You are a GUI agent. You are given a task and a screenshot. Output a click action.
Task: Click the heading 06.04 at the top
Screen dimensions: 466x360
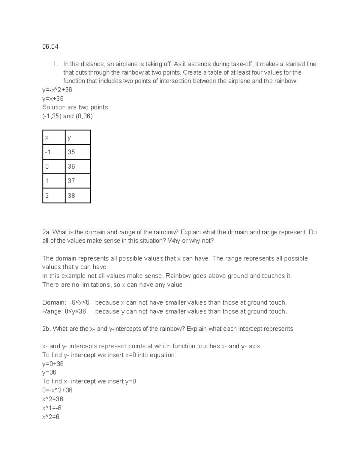click(x=50, y=47)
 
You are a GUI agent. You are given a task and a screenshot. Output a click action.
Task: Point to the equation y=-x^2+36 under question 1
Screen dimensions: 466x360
click(x=57, y=90)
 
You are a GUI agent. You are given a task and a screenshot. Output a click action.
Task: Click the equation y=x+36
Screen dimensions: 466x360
click(x=53, y=99)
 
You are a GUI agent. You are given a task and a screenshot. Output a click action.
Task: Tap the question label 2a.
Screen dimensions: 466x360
click(x=46, y=232)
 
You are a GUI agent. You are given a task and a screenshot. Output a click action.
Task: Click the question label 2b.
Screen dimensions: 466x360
click(x=46, y=329)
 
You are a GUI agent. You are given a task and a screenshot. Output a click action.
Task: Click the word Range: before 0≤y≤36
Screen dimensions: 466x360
click(x=52, y=311)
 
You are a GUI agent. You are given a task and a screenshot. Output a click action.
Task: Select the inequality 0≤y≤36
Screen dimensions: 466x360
click(x=75, y=311)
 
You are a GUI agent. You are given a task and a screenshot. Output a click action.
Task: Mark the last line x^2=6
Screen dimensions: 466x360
click(x=51, y=417)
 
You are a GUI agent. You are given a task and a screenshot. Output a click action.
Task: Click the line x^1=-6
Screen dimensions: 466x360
click(x=52, y=408)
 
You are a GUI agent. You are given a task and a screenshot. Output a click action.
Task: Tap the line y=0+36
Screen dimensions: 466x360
click(x=53, y=364)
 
